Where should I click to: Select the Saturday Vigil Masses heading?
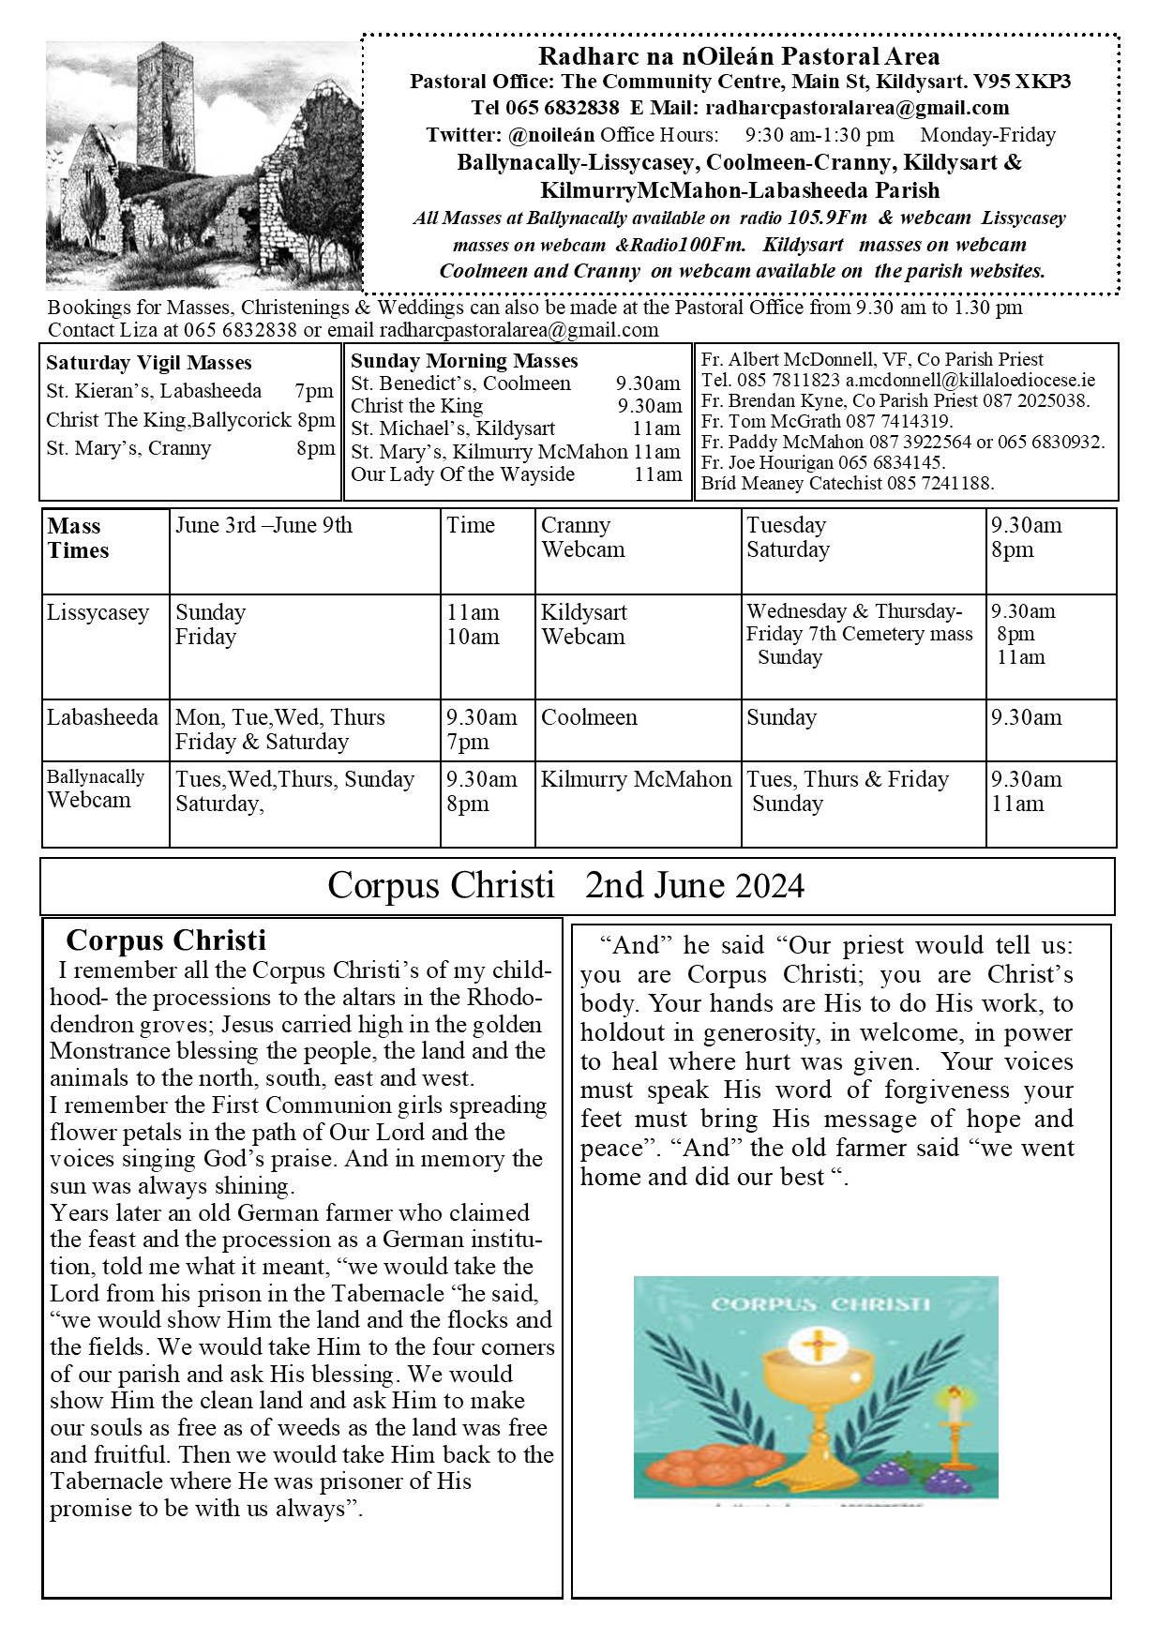tap(148, 363)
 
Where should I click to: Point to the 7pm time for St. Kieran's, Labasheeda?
tap(314, 391)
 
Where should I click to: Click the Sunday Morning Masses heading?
tap(464, 361)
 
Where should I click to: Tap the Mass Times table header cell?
tap(78, 538)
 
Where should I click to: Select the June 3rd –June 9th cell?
tap(263, 525)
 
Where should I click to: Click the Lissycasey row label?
tap(98, 613)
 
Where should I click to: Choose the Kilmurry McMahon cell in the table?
tap(636, 779)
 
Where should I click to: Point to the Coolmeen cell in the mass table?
tap(589, 717)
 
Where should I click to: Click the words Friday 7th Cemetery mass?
tap(859, 634)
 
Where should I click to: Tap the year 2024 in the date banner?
tap(770, 886)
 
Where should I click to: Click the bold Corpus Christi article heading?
tap(166, 940)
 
